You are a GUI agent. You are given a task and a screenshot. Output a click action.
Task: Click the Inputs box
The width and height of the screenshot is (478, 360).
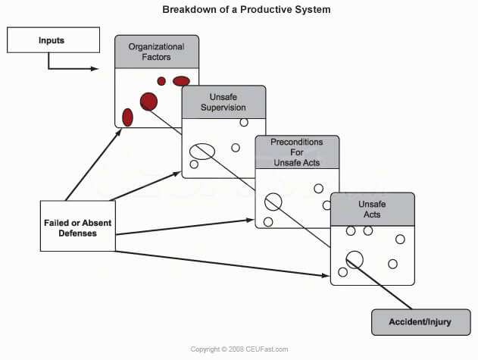pos(53,40)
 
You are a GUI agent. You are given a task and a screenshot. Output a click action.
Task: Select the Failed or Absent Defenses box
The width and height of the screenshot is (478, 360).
pos(78,226)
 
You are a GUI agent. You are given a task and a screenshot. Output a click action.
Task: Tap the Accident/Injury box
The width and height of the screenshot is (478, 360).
pos(420,322)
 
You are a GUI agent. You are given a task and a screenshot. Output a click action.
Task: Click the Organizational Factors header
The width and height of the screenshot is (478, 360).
pos(157,52)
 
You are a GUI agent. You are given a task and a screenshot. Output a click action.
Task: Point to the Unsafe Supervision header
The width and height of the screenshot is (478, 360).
pos(223,102)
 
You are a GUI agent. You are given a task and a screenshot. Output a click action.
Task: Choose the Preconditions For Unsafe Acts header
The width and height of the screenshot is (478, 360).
pos(297,152)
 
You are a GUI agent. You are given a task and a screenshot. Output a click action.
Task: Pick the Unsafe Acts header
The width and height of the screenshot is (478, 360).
pos(373,209)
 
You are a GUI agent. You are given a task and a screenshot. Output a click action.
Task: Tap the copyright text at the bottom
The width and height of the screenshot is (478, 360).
pos(239,349)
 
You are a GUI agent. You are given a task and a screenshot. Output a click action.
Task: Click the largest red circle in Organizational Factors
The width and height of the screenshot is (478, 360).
pos(148,102)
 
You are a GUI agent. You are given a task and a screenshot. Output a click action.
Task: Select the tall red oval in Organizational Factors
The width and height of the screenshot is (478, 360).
pos(127,117)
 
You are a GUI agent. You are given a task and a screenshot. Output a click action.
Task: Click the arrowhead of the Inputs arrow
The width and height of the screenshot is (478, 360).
pos(95,69)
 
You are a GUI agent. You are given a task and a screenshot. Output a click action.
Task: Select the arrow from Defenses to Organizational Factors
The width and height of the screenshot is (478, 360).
pos(94,164)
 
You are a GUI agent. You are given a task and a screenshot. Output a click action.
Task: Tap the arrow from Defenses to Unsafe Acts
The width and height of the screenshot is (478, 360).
pos(223,264)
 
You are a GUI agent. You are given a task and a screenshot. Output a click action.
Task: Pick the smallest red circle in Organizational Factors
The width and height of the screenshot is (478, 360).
pos(161,81)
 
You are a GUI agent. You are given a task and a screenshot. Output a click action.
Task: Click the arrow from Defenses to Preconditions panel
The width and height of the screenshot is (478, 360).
pos(185,227)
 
